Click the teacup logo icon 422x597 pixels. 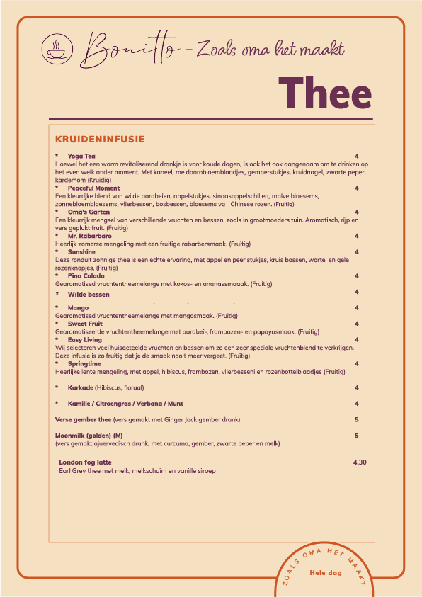pyautogui.click(x=55, y=48)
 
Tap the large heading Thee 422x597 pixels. pyautogui.click(x=324, y=94)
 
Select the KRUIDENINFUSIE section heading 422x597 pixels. pyautogui.click(x=100, y=139)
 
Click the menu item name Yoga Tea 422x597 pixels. pyautogui.click(x=81, y=156)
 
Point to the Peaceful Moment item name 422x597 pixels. pyautogui.click(x=93, y=188)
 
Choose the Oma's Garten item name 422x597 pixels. pyautogui.click(x=89, y=212)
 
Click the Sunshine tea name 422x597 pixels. pyautogui.click(x=81, y=251)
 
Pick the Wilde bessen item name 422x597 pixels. pyautogui.click(x=89, y=294)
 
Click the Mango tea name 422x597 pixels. pyautogui.click(x=78, y=308)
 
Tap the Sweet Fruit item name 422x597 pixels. pyautogui.click(x=85, y=324)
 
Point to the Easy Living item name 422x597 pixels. pyautogui.click(x=85, y=340)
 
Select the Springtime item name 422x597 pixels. pyautogui.click(x=84, y=364)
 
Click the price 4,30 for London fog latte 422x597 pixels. pyautogui.click(x=360, y=462)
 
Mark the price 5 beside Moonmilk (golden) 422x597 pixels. pyautogui.click(x=357, y=436)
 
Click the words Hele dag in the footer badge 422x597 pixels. pyautogui.click(x=326, y=573)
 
